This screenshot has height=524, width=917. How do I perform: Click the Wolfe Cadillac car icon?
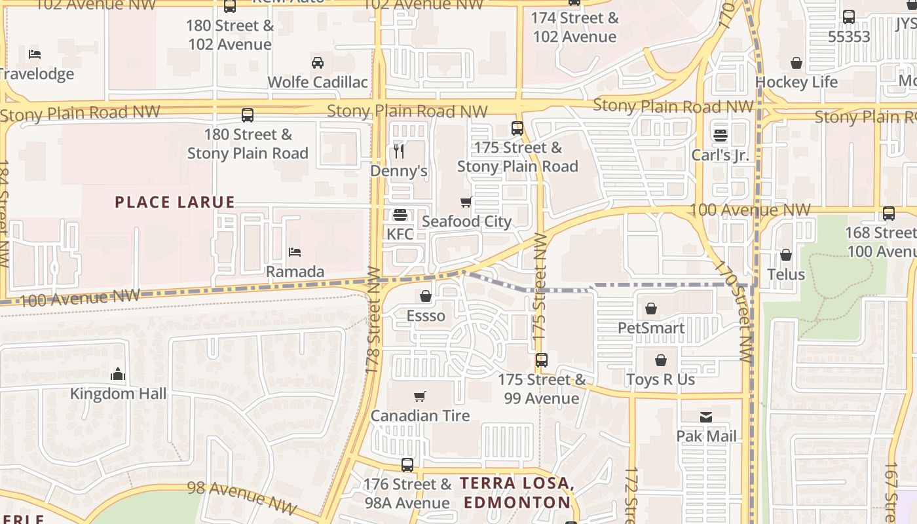coord(318,63)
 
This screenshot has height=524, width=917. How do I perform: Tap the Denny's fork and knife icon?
coord(399,151)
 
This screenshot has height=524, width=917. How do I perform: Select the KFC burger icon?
coord(400,215)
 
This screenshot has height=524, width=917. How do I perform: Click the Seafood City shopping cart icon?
coord(466,202)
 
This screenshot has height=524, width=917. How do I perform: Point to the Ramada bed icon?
coord(295,252)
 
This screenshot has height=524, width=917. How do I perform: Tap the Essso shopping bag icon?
coord(426,297)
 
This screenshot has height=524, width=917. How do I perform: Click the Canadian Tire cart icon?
coord(420,396)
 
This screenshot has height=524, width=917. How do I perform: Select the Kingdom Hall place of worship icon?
coord(118,374)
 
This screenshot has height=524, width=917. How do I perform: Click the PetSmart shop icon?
coord(651,309)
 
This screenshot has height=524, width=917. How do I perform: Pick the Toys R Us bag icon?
coord(660,360)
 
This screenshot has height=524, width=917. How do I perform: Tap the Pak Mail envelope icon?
coord(706,417)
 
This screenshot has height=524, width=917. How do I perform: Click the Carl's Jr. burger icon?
coord(720,136)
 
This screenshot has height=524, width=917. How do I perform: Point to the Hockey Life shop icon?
coord(796,63)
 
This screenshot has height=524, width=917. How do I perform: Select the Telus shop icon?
coord(786,255)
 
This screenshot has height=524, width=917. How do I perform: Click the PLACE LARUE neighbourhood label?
coord(175,202)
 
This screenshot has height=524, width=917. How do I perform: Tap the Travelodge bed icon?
coord(35,54)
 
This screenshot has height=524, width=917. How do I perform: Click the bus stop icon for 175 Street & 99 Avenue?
coord(541,360)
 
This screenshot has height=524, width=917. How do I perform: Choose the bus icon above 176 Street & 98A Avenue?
coord(407,465)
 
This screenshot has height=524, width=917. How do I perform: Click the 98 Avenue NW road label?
coord(242,496)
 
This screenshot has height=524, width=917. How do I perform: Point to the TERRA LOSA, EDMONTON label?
coord(517,493)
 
